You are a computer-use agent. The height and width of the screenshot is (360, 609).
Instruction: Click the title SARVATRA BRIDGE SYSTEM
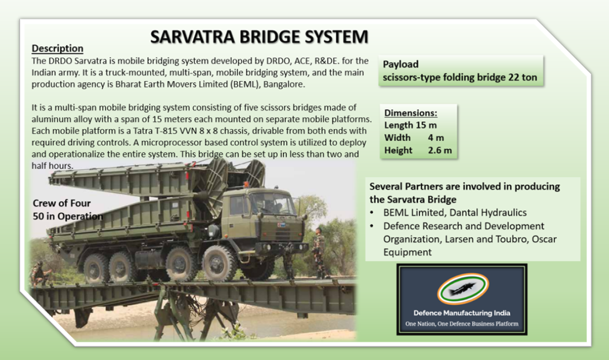tap(259, 37)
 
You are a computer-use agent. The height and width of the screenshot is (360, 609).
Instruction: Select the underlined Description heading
tap(57, 49)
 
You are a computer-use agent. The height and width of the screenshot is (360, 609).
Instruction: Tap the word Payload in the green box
tap(401, 64)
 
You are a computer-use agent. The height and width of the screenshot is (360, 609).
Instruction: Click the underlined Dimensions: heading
tap(411, 113)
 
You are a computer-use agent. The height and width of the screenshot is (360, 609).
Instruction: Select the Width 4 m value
tap(436, 137)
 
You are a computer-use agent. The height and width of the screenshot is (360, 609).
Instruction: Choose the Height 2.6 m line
tap(417, 150)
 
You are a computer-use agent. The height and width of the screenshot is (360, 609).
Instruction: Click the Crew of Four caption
tap(62, 203)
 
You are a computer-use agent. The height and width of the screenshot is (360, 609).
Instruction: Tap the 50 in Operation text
tap(67, 216)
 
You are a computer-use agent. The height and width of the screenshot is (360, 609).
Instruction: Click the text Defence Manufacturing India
tap(462, 313)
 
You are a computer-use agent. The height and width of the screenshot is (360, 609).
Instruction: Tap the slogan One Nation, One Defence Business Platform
tap(462, 324)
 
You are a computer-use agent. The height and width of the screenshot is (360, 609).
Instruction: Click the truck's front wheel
tap(219, 263)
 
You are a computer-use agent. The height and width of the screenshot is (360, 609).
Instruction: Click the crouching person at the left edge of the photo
tap(39, 274)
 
